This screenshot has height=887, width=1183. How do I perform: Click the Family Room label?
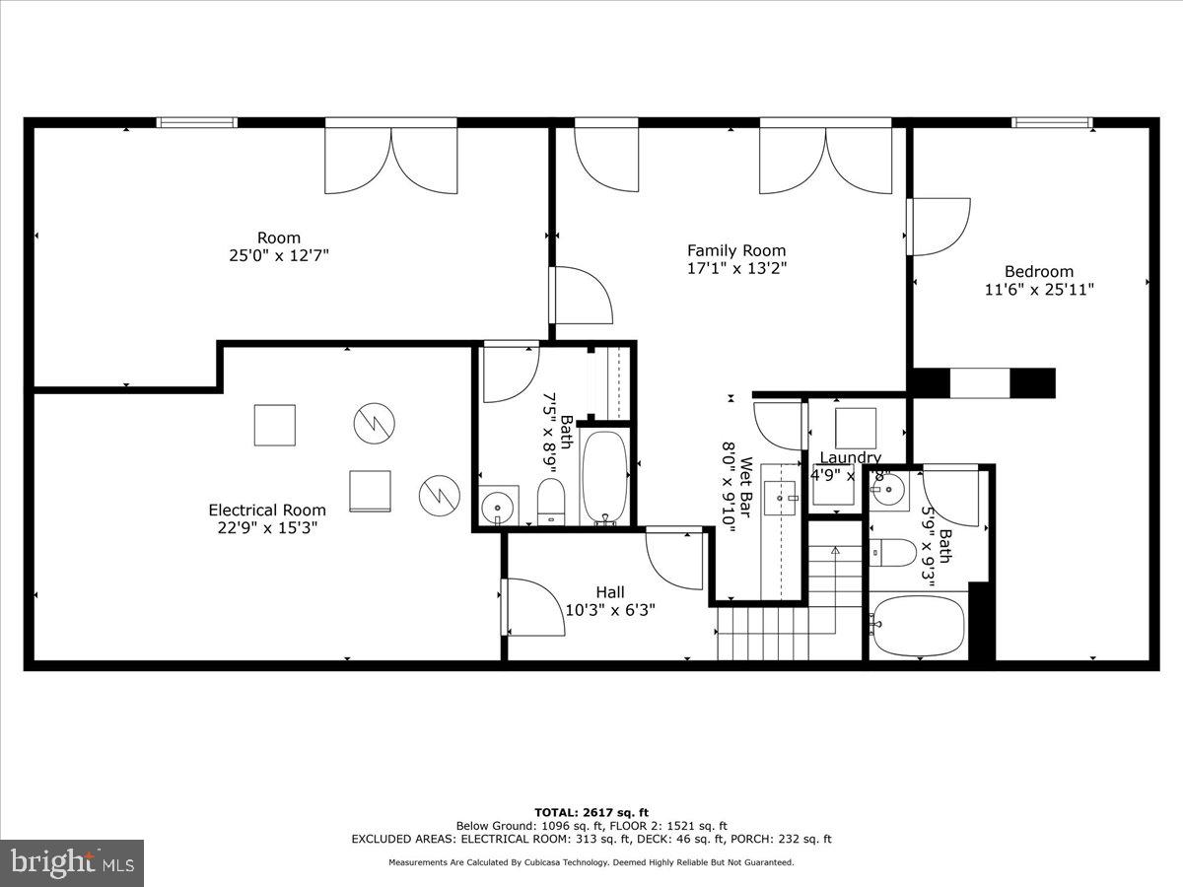pos(736,250)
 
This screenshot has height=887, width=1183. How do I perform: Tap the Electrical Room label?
pos(266,510)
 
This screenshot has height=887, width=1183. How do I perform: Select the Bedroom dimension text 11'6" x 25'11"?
pos(1039,289)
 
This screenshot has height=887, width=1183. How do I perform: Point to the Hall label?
pos(610,592)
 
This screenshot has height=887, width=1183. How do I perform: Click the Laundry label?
pos(850,457)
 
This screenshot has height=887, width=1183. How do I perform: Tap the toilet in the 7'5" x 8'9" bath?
pos(550,502)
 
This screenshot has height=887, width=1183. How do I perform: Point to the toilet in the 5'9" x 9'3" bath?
pos(893,553)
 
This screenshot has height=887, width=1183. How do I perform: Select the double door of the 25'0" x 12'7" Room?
pos(391,158)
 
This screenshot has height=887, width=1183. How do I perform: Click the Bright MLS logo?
pos(72,862)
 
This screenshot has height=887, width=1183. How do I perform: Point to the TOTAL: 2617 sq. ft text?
pos(591,812)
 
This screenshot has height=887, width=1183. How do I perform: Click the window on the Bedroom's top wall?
pos(1052,123)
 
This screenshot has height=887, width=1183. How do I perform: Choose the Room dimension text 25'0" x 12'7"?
pos(278,255)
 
